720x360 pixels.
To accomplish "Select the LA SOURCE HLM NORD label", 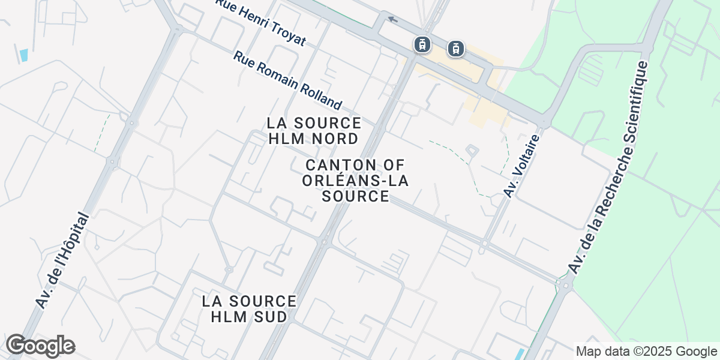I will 314,131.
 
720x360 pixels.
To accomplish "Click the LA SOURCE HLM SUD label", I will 249,308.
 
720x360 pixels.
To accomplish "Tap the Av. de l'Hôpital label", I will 62,261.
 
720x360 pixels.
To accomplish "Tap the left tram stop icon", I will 423,44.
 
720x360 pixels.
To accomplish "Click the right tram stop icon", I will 457,49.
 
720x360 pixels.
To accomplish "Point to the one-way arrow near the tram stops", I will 392,19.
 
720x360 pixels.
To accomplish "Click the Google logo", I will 40,346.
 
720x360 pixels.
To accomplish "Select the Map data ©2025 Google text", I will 646,351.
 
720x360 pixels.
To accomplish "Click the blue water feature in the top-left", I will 24,56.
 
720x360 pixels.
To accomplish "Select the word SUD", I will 266,316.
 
